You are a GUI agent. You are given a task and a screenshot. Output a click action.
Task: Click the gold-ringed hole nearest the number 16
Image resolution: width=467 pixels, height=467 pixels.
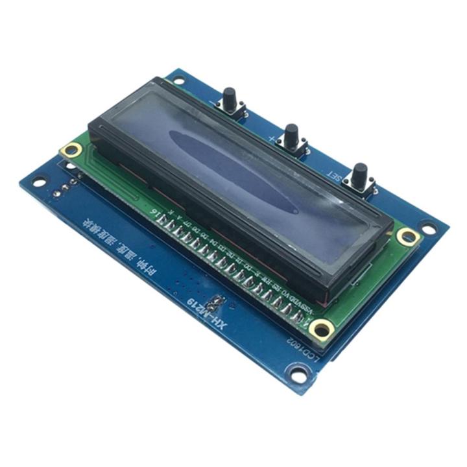pyautogui.click(x=70, y=151)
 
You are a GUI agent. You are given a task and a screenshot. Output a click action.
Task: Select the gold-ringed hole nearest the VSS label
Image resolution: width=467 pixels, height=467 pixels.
pyautogui.click(x=322, y=330)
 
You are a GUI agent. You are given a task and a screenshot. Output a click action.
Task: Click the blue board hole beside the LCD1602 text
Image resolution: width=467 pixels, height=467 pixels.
pyautogui.click(x=297, y=374)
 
